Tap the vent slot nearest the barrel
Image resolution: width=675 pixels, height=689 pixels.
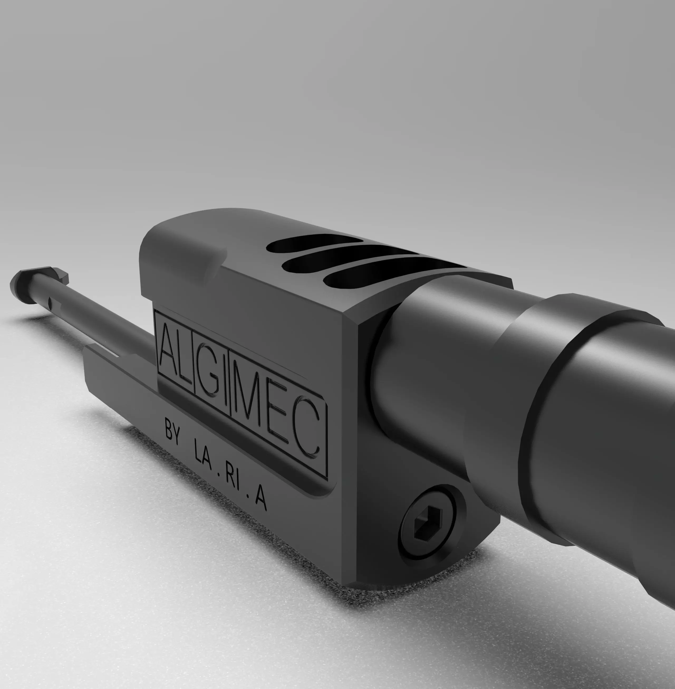(x=376, y=273)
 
